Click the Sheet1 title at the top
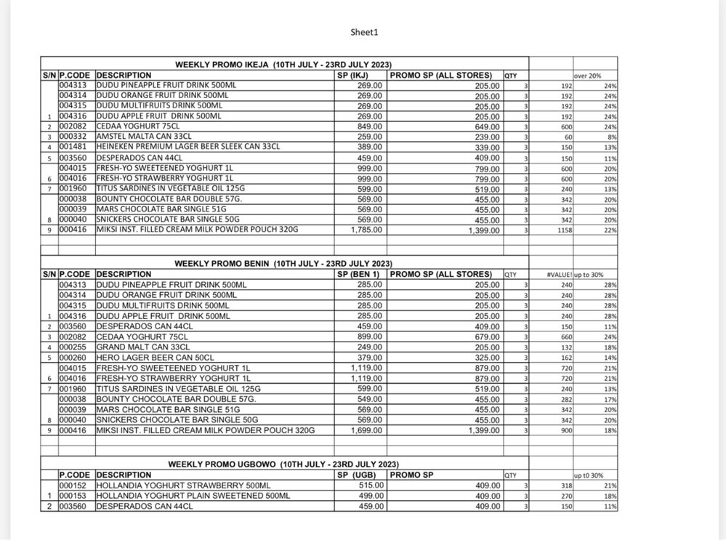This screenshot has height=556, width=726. click(x=364, y=32)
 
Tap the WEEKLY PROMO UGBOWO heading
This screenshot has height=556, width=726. click(x=283, y=464)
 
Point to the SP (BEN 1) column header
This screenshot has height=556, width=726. click(x=359, y=275)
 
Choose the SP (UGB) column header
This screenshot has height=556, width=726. click(x=356, y=475)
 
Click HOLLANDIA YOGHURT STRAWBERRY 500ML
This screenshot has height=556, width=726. click(x=183, y=486)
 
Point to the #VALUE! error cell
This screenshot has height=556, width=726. click(x=560, y=275)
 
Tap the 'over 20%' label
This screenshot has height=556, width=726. click(x=587, y=76)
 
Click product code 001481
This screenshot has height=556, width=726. click(x=76, y=147)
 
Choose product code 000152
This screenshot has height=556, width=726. click(x=76, y=486)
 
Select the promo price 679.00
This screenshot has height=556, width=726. click(x=486, y=337)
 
